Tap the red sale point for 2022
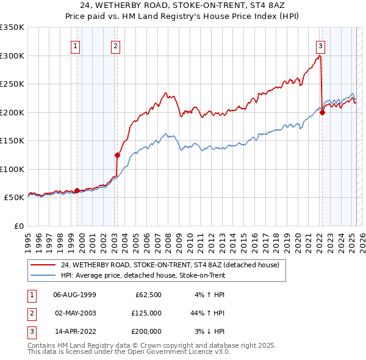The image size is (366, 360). pos(322,112)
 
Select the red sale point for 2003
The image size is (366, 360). pos(117,155)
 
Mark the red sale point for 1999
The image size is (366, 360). pos(77,190)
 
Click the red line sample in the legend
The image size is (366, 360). pos(43,265)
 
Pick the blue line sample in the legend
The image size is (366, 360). pos(43,276)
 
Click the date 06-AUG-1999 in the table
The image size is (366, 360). pos(74,295)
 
